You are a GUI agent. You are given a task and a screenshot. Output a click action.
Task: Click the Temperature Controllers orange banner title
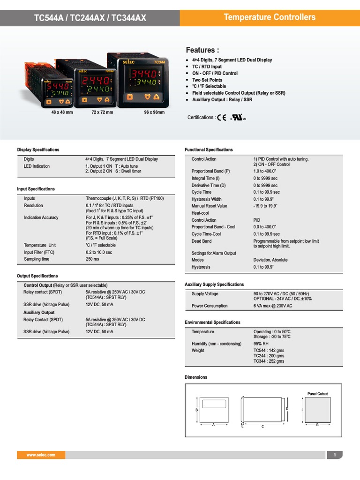pos(270,17)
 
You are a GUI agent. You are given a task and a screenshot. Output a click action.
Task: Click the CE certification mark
pos(222,118)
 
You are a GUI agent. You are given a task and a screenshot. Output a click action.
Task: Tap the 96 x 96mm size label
pos(154,113)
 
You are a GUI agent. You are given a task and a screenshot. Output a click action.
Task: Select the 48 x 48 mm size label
pos(62,113)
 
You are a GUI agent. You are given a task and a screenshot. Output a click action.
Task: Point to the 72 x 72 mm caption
pos(102,113)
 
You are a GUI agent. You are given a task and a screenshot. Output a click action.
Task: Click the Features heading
pos(202,50)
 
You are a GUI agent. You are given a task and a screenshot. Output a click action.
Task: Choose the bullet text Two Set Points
pos(207,80)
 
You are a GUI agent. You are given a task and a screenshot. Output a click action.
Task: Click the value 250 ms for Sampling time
pos(92,259)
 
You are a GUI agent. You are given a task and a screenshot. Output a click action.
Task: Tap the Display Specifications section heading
pos(38,150)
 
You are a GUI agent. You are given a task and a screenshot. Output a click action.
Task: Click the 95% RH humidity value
pos(261,344)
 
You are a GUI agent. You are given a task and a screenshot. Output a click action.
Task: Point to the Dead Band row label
pos(202,241)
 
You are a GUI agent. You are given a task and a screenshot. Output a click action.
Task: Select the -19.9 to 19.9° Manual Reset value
pos(265,206)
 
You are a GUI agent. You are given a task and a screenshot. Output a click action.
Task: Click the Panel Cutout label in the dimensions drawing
pos(317,394)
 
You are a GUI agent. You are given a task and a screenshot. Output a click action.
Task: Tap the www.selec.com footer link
pos(41,455)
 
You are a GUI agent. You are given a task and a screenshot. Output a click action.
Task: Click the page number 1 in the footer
pos(335,455)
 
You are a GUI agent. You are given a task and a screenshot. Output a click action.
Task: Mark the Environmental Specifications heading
pos(212,322)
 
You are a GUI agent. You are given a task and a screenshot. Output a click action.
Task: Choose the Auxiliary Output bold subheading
pos(39,312)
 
